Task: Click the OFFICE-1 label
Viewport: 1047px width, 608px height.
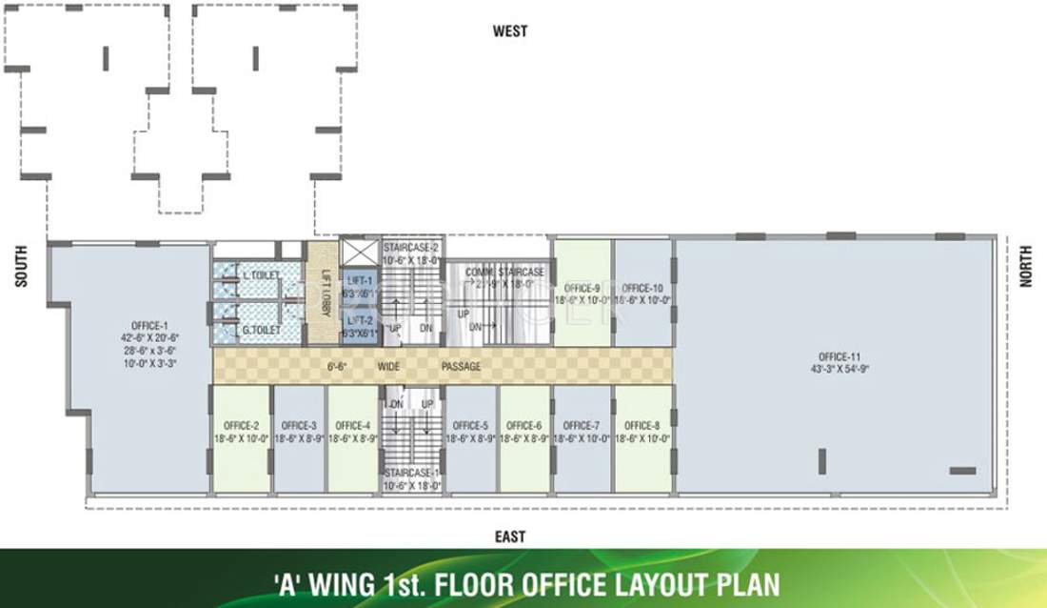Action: point(149,325)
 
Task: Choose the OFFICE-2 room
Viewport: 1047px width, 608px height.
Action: point(242,432)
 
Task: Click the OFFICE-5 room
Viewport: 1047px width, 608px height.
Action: point(471,432)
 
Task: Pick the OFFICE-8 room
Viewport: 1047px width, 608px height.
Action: point(642,432)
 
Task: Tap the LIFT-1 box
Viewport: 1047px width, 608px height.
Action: point(359,287)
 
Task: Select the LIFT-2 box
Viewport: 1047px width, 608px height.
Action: point(359,327)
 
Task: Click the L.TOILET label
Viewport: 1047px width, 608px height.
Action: point(263,275)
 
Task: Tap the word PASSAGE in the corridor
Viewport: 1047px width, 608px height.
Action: point(461,366)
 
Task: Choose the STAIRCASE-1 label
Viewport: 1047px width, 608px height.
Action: point(412,473)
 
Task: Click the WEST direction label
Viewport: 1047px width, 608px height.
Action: point(510,30)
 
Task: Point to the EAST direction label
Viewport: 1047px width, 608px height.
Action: point(510,537)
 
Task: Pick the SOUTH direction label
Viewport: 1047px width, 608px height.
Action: point(21,266)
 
